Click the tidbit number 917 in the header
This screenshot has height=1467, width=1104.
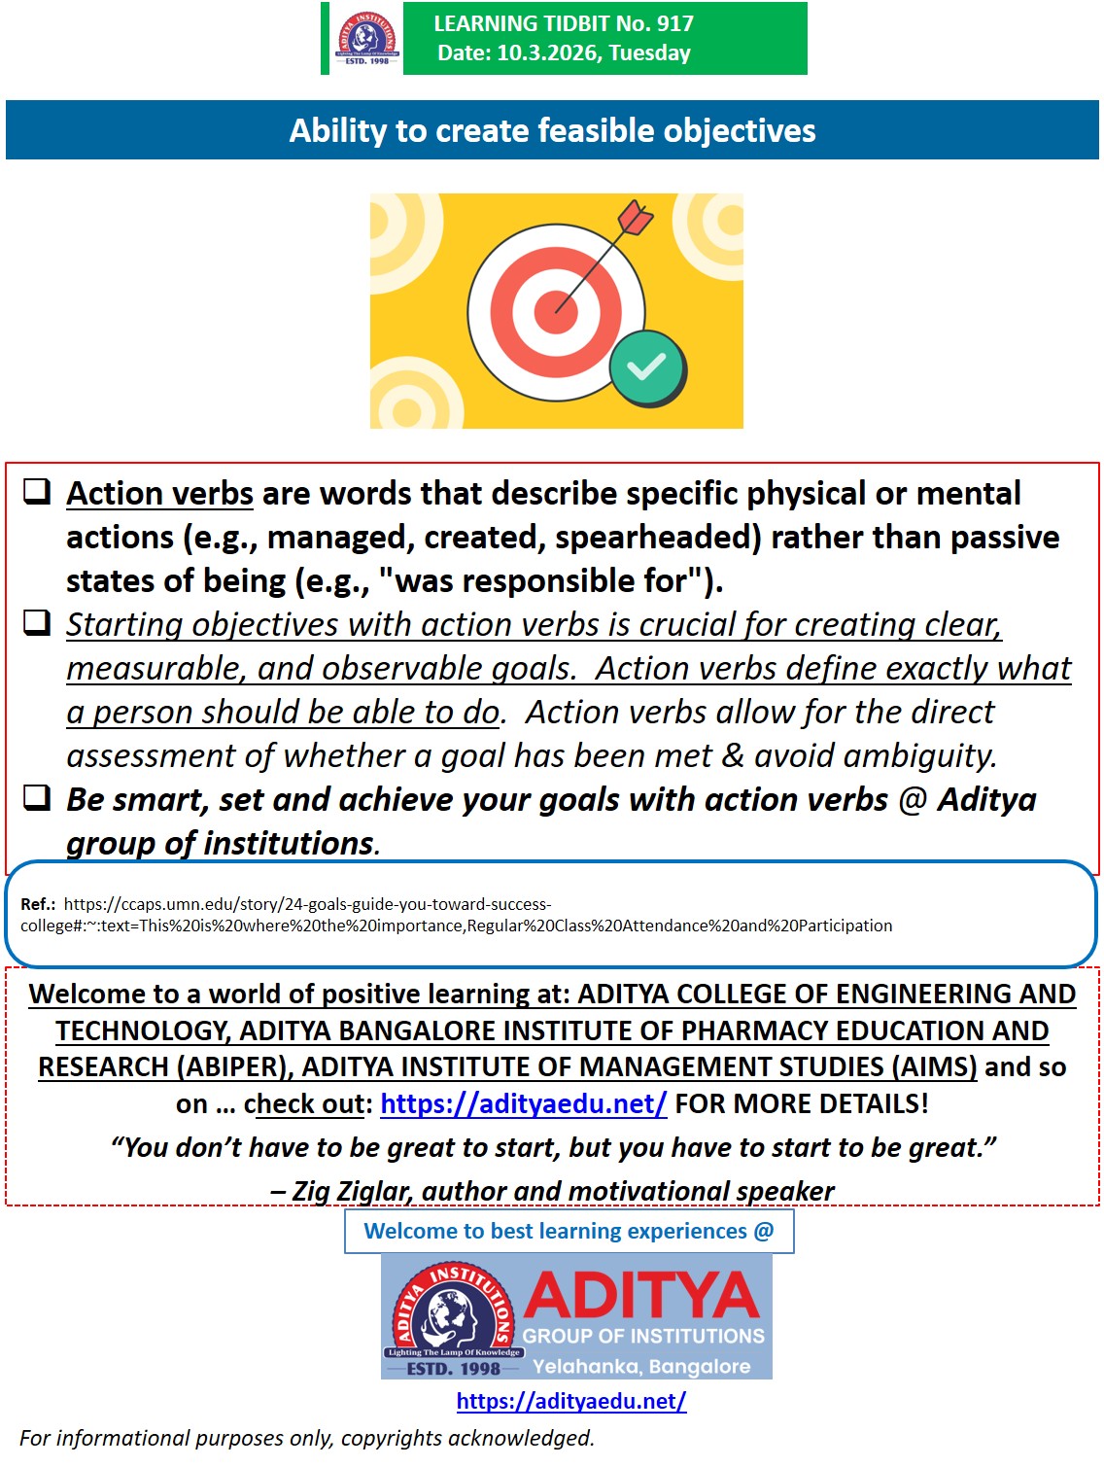(675, 23)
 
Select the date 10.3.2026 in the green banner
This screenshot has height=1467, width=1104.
(548, 53)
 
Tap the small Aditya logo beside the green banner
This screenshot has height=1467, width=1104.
(366, 39)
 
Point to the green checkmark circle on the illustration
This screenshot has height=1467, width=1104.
(646, 367)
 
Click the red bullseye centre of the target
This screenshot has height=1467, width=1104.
(556, 311)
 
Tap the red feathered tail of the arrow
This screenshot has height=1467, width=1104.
(636, 219)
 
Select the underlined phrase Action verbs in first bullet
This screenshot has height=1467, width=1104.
(159, 494)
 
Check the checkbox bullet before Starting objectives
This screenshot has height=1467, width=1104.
(37, 622)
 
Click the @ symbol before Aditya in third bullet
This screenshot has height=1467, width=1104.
(913, 800)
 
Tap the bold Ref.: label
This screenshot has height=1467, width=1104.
(38, 904)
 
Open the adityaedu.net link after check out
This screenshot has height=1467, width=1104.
(523, 1104)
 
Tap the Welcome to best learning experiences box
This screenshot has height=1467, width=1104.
(569, 1232)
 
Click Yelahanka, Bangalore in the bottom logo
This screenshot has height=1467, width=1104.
(641, 1367)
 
